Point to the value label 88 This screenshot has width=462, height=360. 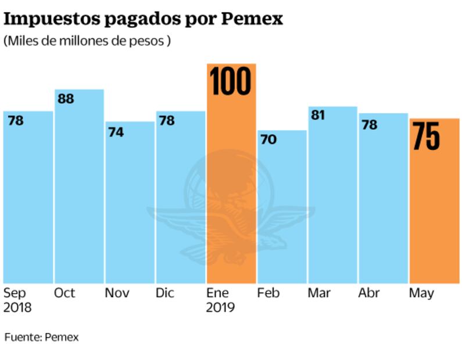click(66, 99)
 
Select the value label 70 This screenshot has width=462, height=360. click(268, 140)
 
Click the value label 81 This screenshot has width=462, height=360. click(317, 116)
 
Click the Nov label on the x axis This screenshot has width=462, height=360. click(117, 293)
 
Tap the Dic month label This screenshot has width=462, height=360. click(165, 293)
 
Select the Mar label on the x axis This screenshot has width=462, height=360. click(318, 293)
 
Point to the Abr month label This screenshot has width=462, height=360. click(369, 293)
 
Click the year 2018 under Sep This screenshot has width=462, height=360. click(17, 307)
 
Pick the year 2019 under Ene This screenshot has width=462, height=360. click(220, 307)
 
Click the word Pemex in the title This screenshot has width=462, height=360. click(252, 19)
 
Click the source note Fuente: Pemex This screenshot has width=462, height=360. click(41, 337)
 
